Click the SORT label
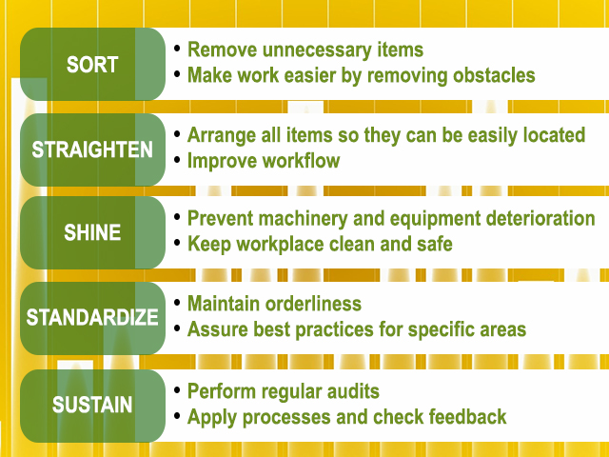pyautogui.click(x=92, y=65)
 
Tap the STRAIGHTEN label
pyautogui.click(x=92, y=149)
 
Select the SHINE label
pyautogui.click(x=92, y=232)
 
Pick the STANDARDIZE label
pyautogui.click(x=92, y=317)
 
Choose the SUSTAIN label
pyautogui.click(x=92, y=405)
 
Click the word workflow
pyautogui.click(x=301, y=161)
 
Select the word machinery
pyautogui.click(x=303, y=219)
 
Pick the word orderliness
pyautogui.click(x=313, y=304)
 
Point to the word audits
pyautogui.click(x=353, y=391)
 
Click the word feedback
pyautogui.click(x=467, y=417)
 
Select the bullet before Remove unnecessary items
pyautogui.click(x=177, y=49)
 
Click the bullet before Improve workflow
pyautogui.click(x=177, y=159)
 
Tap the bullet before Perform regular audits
pyautogui.click(x=177, y=390)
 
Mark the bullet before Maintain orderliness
pyautogui.click(x=177, y=303)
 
